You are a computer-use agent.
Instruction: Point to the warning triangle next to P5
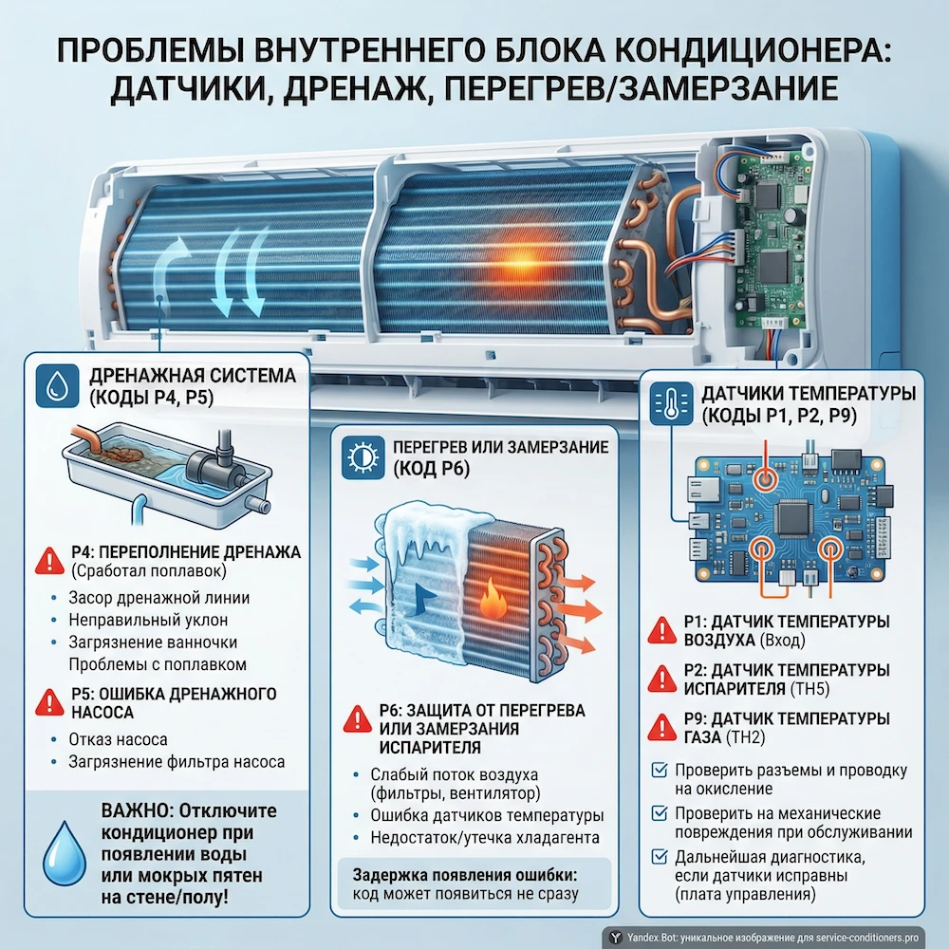[47, 702]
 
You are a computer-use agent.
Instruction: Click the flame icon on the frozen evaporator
[492, 600]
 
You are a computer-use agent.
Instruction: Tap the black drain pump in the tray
[216, 464]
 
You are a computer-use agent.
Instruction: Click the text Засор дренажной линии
[158, 598]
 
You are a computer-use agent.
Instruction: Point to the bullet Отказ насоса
[118, 739]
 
